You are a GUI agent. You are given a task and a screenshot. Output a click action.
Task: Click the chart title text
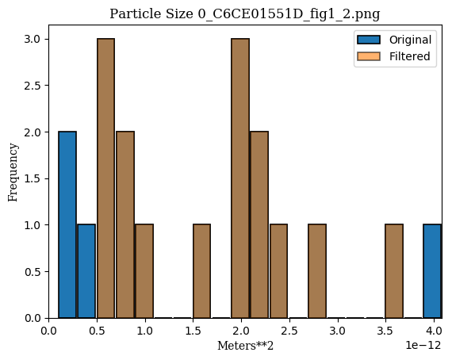[x=245, y=13]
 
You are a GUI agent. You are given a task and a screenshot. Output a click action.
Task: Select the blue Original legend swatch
[x=369, y=40]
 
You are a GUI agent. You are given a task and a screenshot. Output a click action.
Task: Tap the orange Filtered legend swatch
[x=369, y=56]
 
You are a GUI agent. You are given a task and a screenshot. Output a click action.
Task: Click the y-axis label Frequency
[x=13, y=172]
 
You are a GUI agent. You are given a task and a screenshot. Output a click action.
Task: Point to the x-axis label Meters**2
[x=245, y=346]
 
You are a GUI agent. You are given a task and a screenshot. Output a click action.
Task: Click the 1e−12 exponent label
[x=423, y=345]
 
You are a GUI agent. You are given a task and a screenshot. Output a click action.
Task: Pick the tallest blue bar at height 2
[x=67, y=225]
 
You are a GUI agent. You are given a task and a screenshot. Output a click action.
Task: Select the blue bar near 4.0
[x=432, y=271]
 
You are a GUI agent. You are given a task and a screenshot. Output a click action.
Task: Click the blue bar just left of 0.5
[x=86, y=271]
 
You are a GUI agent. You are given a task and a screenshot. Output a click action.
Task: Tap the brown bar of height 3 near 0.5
[x=105, y=178]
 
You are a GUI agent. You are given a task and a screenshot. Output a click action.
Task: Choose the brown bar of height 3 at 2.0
[x=240, y=178]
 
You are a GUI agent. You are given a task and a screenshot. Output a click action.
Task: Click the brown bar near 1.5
[x=201, y=271]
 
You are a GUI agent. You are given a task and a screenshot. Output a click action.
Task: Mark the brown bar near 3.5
[x=394, y=271]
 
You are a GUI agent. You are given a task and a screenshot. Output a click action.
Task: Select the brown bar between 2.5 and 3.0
[x=317, y=271]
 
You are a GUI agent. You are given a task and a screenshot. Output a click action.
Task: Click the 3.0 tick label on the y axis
[x=32, y=39]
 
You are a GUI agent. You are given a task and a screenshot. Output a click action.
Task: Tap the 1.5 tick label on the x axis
[x=193, y=331]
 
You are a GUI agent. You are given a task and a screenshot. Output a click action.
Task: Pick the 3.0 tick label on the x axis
[x=337, y=331]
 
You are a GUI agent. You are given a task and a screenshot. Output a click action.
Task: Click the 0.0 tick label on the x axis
[x=48, y=331]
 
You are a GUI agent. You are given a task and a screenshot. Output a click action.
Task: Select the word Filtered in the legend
[x=410, y=56]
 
